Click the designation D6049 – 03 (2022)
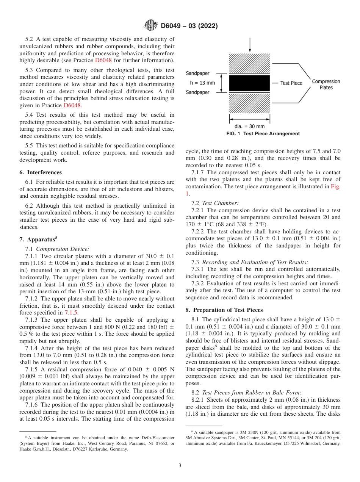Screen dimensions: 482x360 pyautogui.click(x=189, y=26)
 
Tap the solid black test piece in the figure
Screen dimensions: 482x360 pyautogui.click(x=249, y=83)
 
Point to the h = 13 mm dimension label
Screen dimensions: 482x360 pyautogui.click(x=202, y=83)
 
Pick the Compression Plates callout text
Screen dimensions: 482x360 pyautogui.click(x=326, y=84)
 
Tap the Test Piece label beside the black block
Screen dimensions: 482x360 pyautogui.click(x=291, y=83)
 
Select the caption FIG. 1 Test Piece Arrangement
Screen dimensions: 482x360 pyautogui.click(x=263, y=134)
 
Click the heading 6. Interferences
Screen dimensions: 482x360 pyautogui.click(x=41, y=172)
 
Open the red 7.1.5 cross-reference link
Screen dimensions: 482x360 pyautogui.click(x=71, y=313)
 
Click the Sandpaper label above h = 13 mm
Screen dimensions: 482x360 pyautogui.click(x=197, y=74)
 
